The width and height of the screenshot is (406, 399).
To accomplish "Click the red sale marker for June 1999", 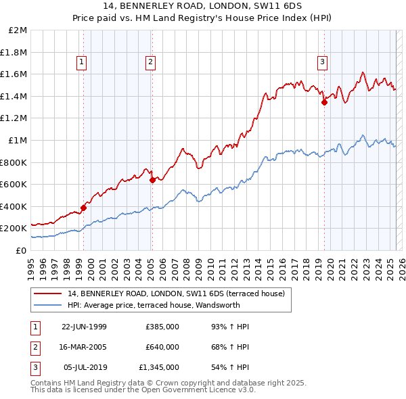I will point(84,208).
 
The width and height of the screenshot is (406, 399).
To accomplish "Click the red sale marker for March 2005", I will point(152,180).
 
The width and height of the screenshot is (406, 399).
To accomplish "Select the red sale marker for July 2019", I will point(324,102).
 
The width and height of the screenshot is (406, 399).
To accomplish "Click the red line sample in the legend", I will point(47,294).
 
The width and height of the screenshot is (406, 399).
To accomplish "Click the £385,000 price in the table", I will point(162,327).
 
